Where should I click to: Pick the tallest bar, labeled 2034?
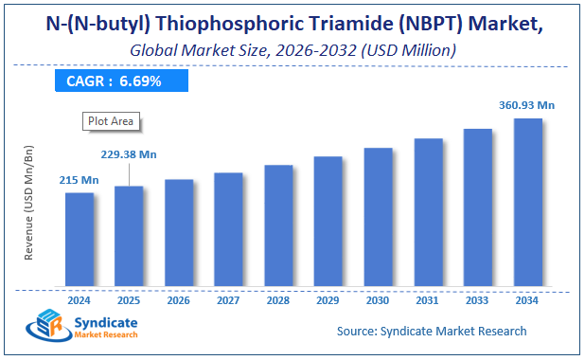click(x=527, y=203)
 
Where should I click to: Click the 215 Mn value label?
click(x=79, y=180)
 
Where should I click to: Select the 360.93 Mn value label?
click(x=526, y=104)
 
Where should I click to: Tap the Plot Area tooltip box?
click(x=111, y=120)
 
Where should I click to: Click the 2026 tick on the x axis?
click(x=179, y=300)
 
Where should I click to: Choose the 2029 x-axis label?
click(x=328, y=300)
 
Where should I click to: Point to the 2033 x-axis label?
click(x=477, y=300)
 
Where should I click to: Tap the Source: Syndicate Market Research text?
click(x=432, y=331)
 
